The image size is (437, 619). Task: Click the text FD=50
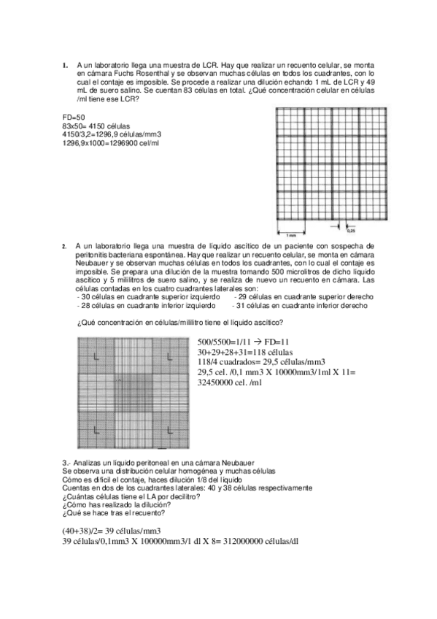pos(74,117)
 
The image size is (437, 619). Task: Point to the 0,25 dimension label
pos(351,231)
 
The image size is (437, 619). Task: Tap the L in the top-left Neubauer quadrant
pos(96,356)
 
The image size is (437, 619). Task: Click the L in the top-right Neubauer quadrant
pos(169,356)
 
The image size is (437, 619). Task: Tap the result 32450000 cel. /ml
pos(229,382)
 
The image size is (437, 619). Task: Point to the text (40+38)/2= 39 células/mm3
pos(111,530)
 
